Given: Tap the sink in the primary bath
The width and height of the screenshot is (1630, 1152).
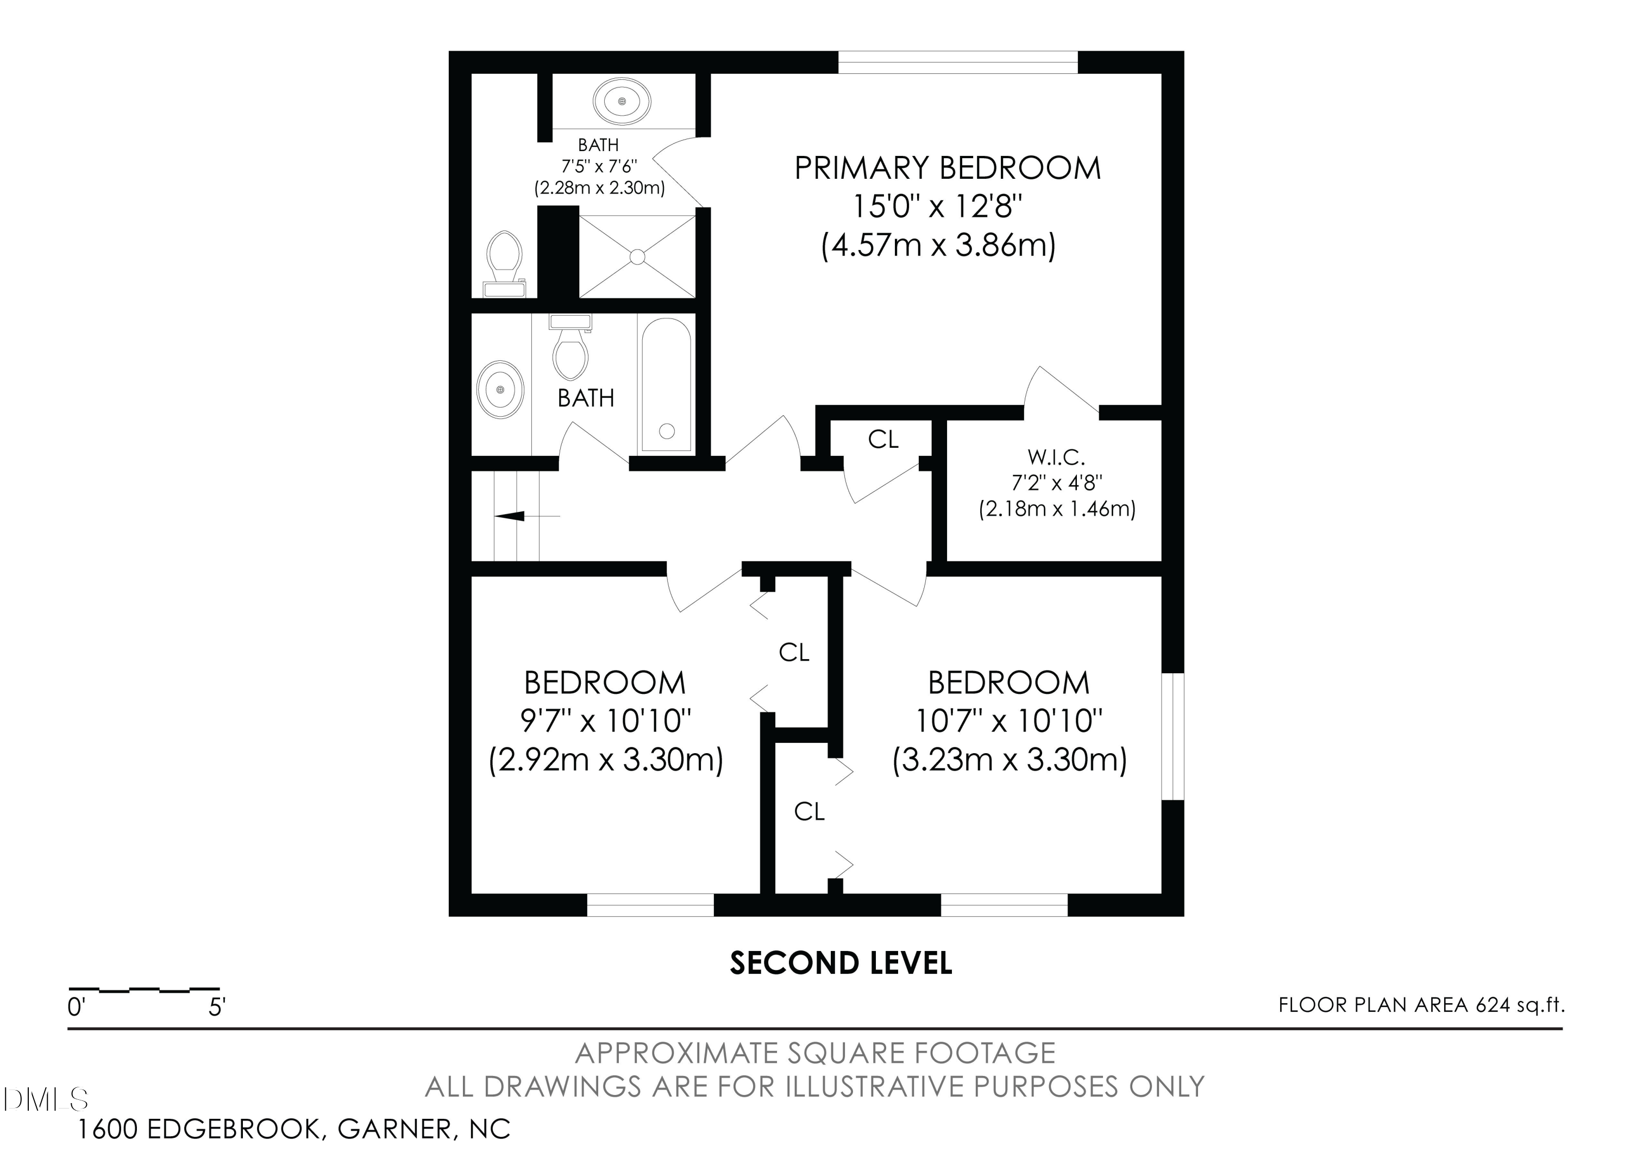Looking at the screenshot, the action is (x=622, y=102).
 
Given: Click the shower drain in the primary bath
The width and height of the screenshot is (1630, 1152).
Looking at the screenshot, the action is (x=637, y=256).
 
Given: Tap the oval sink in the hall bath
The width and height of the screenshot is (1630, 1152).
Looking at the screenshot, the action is (x=500, y=390).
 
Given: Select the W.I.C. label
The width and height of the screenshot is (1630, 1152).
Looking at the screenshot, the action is (x=1056, y=456).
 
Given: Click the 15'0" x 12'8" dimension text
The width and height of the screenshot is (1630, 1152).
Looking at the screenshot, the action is (x=937, y=206).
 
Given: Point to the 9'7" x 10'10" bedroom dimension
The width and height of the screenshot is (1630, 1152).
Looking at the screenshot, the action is (x=606, y=721).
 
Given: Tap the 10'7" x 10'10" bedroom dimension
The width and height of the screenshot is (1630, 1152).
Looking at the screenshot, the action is (x=1008, y=721).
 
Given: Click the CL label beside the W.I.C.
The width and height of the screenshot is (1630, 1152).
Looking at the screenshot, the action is (x=883, y=440).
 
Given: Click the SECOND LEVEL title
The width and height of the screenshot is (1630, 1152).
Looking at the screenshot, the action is (x=841, y=963).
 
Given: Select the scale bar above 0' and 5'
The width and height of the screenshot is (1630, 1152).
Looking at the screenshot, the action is (x=144, y=989).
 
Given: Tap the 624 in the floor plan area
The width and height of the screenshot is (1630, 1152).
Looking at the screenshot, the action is (x=1493, y=1005).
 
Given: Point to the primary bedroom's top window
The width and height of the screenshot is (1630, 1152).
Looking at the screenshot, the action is (x=958, y=62).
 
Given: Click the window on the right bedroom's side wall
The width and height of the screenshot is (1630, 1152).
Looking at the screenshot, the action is (x=1173, y=736).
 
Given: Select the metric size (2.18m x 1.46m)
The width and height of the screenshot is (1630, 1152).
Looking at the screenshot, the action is (x=1057, y=509).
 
